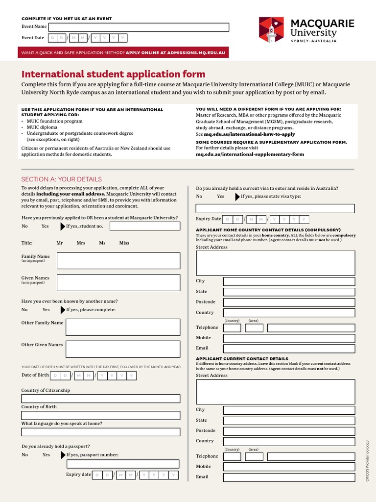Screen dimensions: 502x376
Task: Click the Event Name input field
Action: tap(139, 27)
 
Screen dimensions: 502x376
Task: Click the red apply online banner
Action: tap(123, 52)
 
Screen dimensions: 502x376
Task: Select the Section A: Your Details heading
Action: tap(62, 179)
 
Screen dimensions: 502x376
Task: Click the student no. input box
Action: tap(145, 226)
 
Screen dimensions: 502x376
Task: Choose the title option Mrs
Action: tap(81, 243)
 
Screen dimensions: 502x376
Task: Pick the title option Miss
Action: tap(124, 243)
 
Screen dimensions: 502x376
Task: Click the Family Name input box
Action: tap(118, 261)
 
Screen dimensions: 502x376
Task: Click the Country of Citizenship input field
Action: tap(101, 399)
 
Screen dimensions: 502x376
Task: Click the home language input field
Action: tap(101, 432)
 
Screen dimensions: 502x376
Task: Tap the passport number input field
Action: tap(123, 464)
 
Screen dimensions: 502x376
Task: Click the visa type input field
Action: tap(275, 208)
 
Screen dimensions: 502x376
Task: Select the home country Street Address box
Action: tap(275, 263)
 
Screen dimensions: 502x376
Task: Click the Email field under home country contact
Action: tap(289, 349)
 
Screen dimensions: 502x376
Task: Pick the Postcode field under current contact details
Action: tap(289, 431)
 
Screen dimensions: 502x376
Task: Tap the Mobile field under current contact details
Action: tap(289, 467)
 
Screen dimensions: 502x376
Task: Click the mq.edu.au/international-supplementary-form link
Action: tap(250, 154)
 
